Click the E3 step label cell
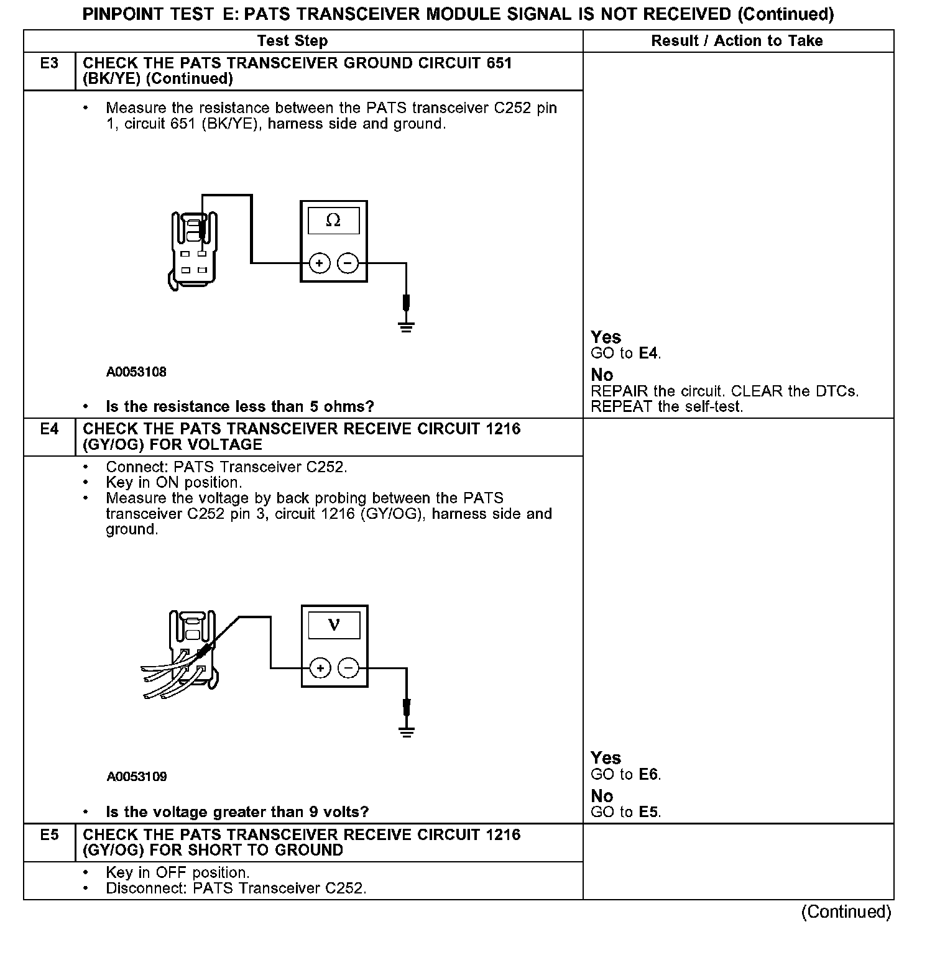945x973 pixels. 49,63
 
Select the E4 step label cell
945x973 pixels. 49,429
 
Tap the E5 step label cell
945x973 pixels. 49,834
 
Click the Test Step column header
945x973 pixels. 292,41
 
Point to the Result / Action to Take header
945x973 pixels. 737,41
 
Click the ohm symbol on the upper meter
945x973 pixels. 333,221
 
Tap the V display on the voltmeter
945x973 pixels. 334,625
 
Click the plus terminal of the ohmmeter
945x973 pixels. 319,263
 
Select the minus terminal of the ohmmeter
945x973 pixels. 348,263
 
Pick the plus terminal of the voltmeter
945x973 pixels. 320,669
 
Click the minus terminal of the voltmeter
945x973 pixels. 349,669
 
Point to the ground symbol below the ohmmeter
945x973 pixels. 406,326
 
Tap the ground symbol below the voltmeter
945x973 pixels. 407,731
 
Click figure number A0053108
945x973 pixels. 136,372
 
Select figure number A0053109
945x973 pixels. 137,777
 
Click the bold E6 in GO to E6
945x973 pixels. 648,774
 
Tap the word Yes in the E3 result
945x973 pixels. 606,337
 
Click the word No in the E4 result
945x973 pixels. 602,796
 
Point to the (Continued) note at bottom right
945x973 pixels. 846,911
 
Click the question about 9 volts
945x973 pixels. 237,812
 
